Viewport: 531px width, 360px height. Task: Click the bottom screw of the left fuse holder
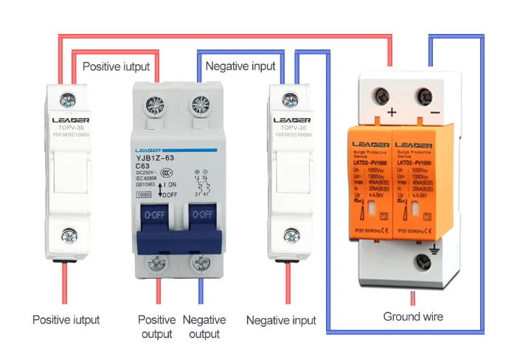[x=69, y=235]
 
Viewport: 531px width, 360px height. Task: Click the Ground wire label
[x=413, y=316]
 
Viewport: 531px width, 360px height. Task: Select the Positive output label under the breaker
[x=157, y=327]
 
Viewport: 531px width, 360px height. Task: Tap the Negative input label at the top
[x=240, y=66]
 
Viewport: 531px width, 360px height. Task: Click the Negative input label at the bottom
[x=281, y=320]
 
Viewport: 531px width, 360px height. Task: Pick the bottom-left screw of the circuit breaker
[x=157, y=264]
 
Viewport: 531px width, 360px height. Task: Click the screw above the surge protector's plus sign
[x=383, y=95]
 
